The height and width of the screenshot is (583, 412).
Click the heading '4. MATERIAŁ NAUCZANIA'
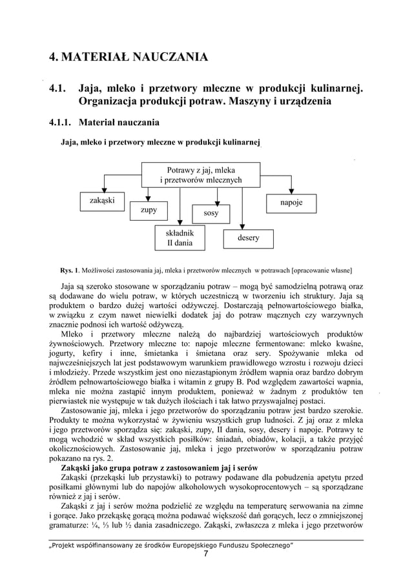(129, 58)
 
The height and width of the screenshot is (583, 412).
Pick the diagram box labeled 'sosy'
(211, 212)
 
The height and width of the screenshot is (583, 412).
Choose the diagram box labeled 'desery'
(249, 238)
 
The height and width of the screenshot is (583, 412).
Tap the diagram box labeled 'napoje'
(292, 202)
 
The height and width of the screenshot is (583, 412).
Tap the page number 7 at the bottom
(205, 554)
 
